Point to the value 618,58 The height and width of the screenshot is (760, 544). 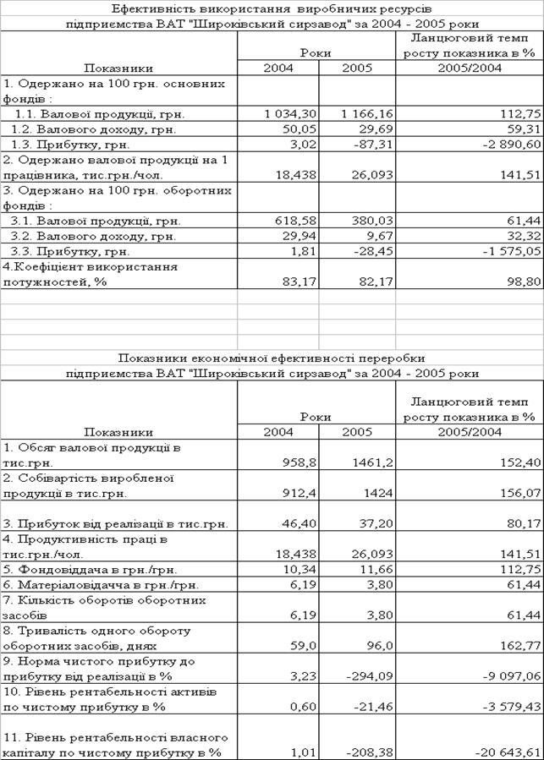(x=294, y=221)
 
